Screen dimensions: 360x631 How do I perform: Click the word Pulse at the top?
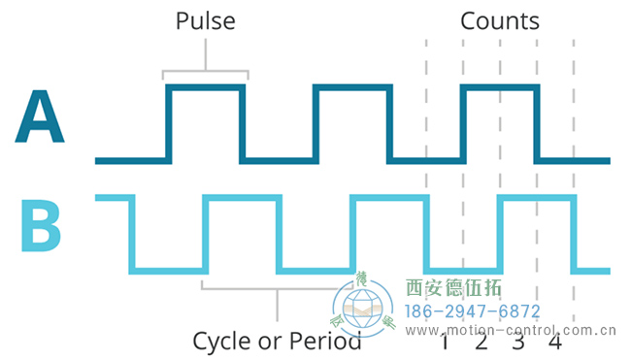[x=205, y=20]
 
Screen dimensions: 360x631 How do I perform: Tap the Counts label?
[x=499, y=20]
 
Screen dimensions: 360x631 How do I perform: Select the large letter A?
[x=40, y=118]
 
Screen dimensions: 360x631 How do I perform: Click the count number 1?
[x=445, y=343]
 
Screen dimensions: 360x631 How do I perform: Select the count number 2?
[x=482, y=343]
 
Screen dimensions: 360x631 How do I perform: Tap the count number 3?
[x=518, y=343]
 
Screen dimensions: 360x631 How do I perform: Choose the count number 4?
[x=555, y=343]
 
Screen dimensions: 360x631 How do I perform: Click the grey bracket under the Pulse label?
[x=205, y=71]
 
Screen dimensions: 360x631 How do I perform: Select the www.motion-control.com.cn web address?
[x=511, y=330]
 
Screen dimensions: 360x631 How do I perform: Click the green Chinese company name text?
[x=452, y=288]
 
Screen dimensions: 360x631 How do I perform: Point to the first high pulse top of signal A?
[x=205, y=87]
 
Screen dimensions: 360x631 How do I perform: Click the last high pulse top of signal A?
[x=499, y=87]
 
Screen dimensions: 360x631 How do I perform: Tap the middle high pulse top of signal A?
[x=352, y=87]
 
